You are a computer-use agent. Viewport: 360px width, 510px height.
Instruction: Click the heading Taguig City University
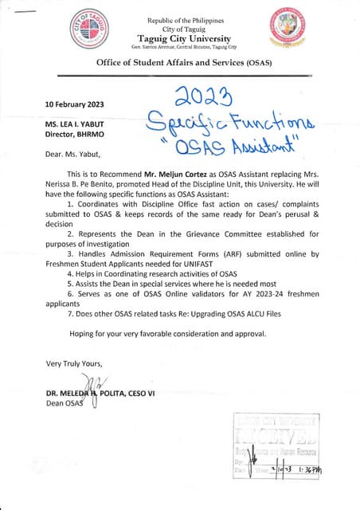(x=184, y=38)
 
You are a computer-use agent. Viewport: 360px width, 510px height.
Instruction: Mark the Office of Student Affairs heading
(x=184, y=61)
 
